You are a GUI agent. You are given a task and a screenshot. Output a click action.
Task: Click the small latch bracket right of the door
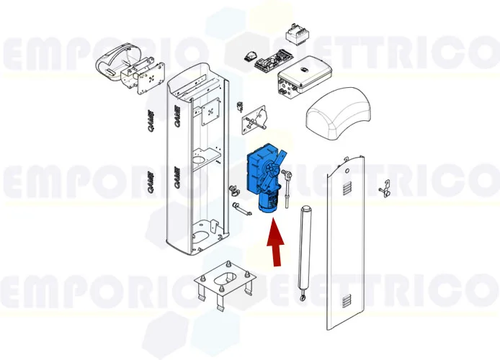(384, 189)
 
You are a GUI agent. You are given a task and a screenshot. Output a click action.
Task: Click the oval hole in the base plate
(225, 276)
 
